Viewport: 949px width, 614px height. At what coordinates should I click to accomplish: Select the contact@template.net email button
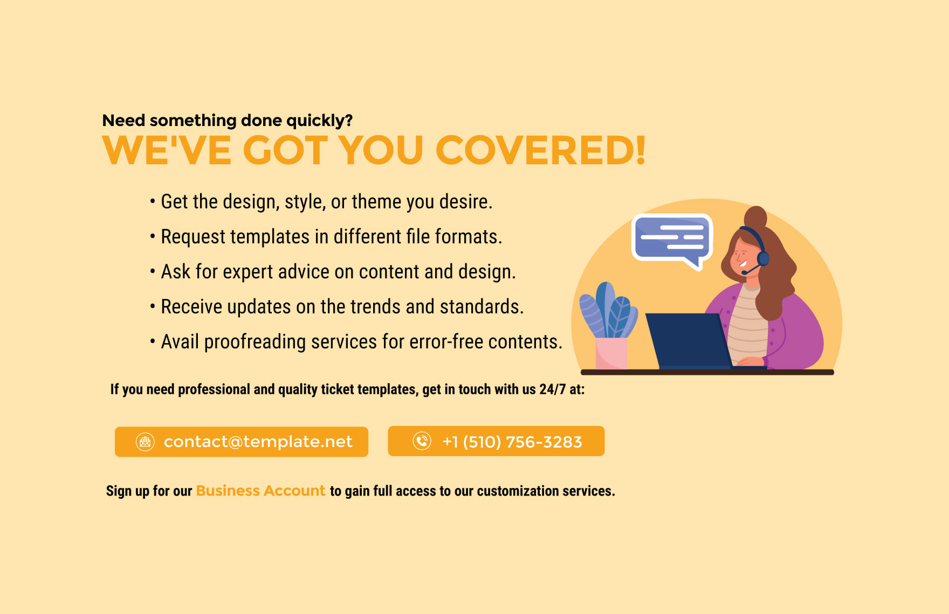click(x=242, y=442)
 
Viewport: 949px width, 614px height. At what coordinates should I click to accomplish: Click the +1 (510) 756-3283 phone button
click(x=496, y=441)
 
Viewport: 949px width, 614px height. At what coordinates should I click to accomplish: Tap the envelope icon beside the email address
click(x=145, y=442)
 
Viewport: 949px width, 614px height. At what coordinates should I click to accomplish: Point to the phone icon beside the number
click(x=422, y=441)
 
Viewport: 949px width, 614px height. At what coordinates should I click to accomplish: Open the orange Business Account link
click(x=260, y=491)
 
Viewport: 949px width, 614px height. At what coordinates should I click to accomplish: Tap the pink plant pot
click(x=611, y=353)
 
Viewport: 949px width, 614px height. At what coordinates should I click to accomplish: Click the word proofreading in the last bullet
click(x=255, y=342)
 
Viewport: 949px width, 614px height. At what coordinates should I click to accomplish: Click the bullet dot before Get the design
click(x=153, y=202)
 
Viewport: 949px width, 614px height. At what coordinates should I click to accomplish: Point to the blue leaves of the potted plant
click(x=608, y=310)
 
